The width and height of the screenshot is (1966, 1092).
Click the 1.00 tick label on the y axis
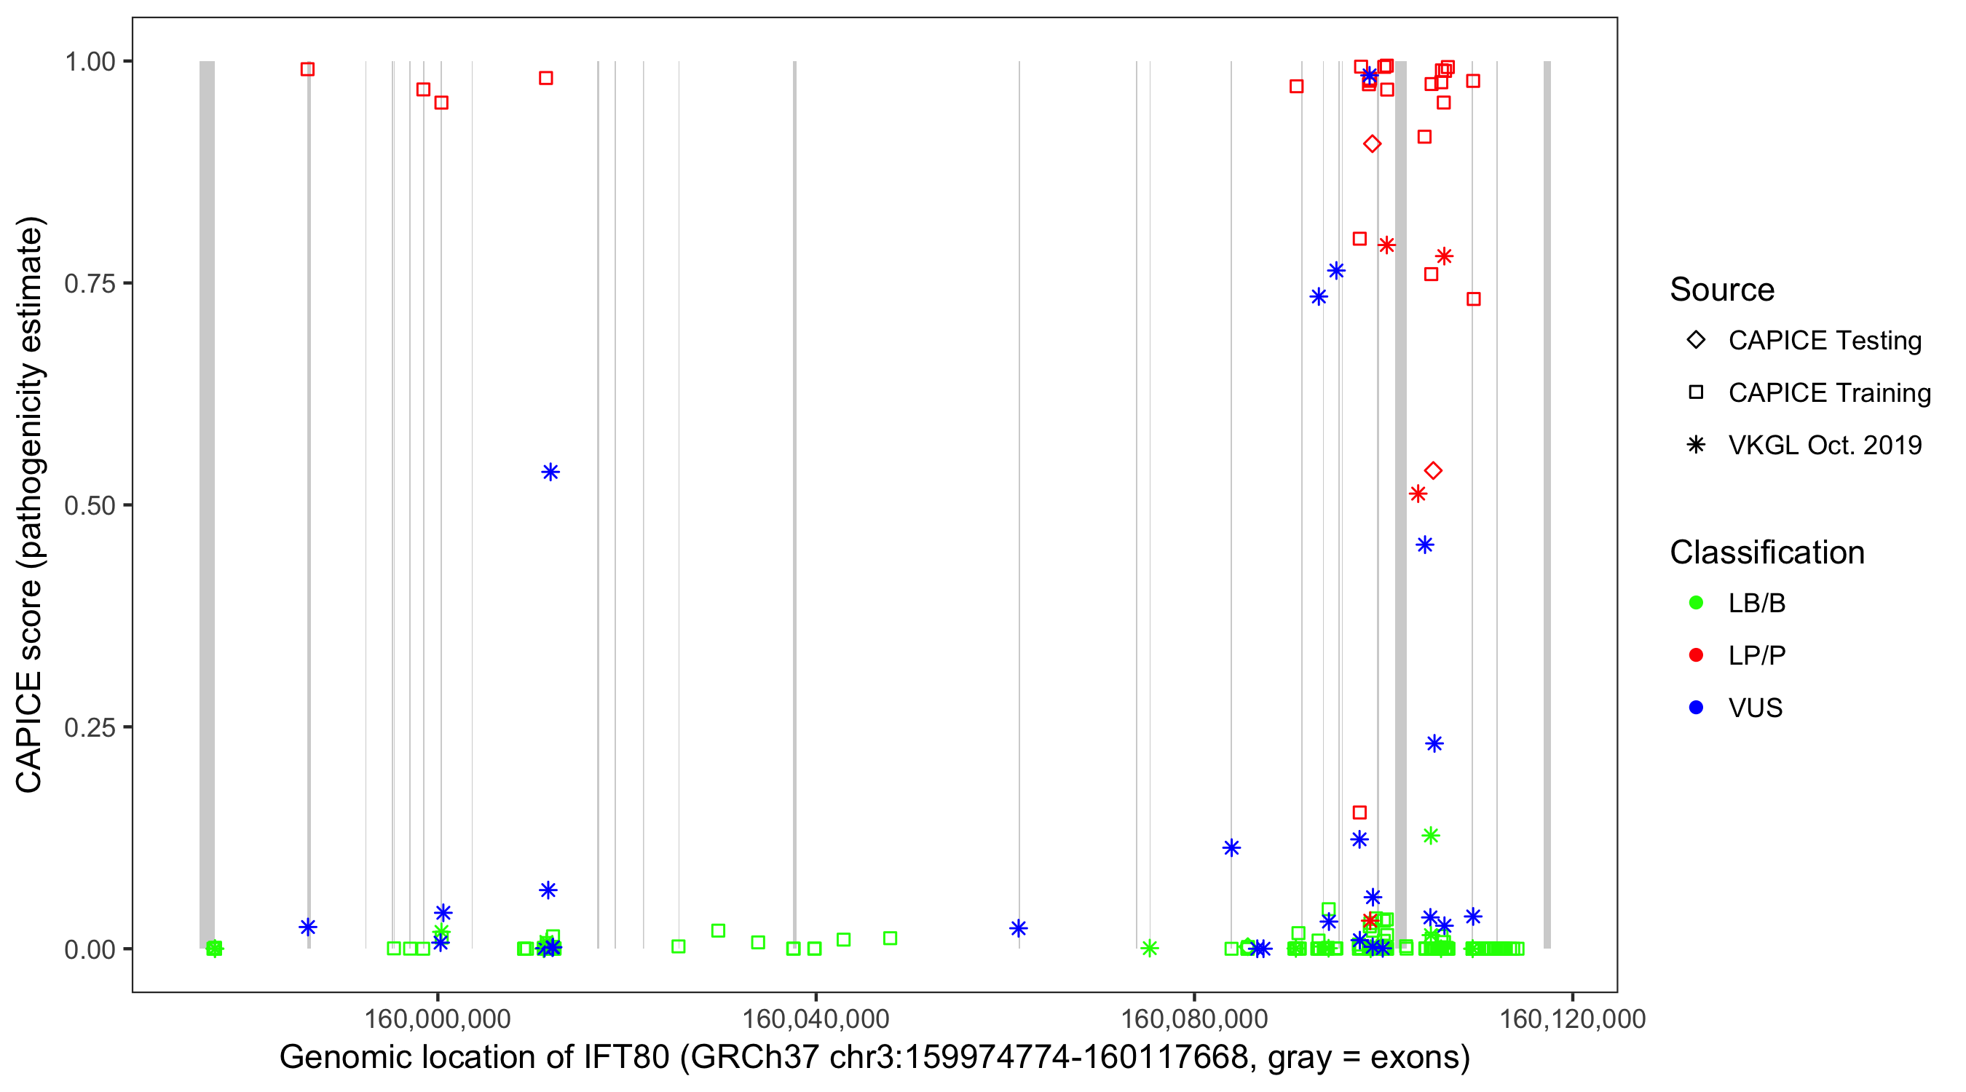point(90,62)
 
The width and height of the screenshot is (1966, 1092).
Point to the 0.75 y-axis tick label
point(90,284)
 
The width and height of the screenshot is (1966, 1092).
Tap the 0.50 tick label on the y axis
point(90,506)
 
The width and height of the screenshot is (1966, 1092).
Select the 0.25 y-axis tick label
point(90,728)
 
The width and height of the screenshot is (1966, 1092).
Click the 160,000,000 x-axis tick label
point(438,1018)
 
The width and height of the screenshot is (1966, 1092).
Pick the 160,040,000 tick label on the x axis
point(815,1018)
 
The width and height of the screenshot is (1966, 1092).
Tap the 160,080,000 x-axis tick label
point(1193,1018)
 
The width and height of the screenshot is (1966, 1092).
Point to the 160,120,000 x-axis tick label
point(1572,1018)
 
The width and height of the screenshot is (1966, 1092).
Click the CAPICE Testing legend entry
point(1824,341)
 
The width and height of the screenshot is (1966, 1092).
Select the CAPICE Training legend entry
point(1828,393)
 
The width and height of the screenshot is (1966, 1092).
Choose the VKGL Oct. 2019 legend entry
point(1824,446)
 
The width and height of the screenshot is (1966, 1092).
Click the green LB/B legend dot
point(1696,604)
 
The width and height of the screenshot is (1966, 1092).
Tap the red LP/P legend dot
point(1696,655)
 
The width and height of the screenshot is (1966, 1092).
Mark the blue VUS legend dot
point(1696,708)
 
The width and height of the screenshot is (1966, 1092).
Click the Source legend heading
point(1722,290)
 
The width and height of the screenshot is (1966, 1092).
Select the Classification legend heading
point(1766,553)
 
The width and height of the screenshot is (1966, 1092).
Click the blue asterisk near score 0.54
point(550,472)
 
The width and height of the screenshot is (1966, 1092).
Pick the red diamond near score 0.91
point(1373,144)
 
